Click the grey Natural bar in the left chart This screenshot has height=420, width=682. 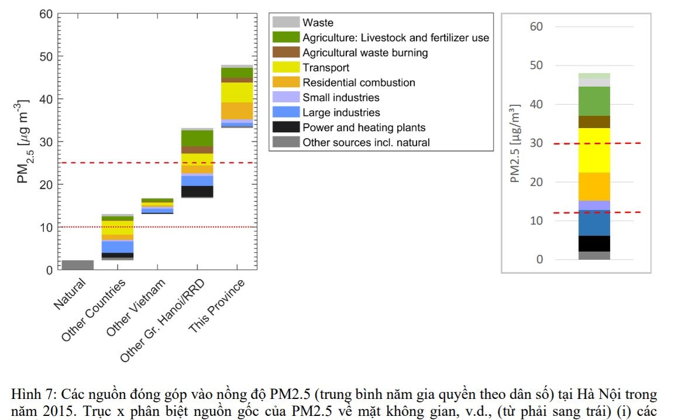click(78, 265)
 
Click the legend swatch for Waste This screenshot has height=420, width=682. click(285, 23)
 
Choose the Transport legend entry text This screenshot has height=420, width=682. click(326, 68)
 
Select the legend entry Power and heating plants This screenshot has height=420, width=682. click(364, 128)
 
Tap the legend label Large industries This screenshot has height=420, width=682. click(341, 112)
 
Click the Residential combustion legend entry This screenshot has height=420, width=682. click(359, 82)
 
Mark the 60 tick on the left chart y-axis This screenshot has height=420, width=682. click(46, 13)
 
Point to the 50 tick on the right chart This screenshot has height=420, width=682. click(536, 66)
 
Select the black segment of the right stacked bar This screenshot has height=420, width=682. click(594, 243)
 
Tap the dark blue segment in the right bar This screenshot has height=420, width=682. click(594, 223)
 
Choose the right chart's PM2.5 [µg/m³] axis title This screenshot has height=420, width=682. click(515, 143)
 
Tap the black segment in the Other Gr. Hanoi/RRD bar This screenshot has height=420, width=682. click(197, 191)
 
